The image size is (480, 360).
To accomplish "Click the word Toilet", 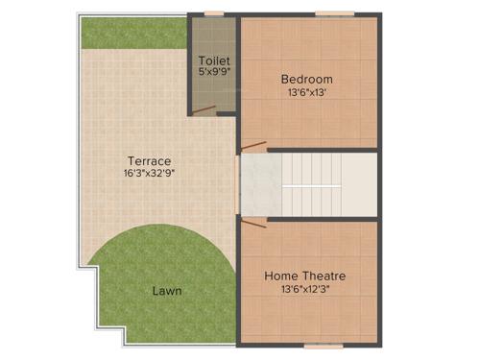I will (x=213, y=60).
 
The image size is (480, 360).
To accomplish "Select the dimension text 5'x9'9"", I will (x=213, y=71).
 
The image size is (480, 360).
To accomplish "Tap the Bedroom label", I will (x=306, y=79).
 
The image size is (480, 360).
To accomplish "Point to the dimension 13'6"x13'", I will (x=306, y=93).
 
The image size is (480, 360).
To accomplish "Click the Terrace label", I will (x=149, y=160).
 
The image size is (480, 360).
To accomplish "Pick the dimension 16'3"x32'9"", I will (x=149, y=174).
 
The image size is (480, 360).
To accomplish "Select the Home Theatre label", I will (x=305, y=276).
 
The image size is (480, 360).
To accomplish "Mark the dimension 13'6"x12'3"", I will (x=305, y=290).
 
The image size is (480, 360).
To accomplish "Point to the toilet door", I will (x=203, y=110).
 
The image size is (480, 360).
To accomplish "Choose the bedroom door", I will (x=253, y=146).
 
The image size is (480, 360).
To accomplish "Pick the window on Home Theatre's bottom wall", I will (x=320, y=345).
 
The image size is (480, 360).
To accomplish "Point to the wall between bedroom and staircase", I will (x=322, y=150).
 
